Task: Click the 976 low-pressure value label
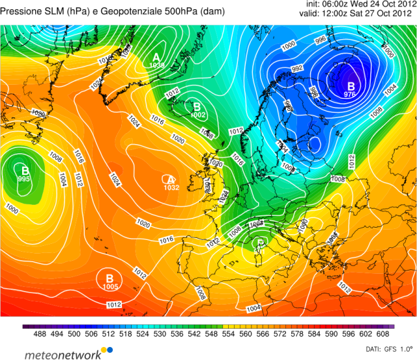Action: coord(350,95)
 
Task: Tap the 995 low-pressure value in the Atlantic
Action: coord(24,179)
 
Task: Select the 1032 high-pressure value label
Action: coord(171,187)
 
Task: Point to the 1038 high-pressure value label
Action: coord(157,65)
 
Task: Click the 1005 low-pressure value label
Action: coord(110,286)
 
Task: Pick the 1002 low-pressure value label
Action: coord(199,115)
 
